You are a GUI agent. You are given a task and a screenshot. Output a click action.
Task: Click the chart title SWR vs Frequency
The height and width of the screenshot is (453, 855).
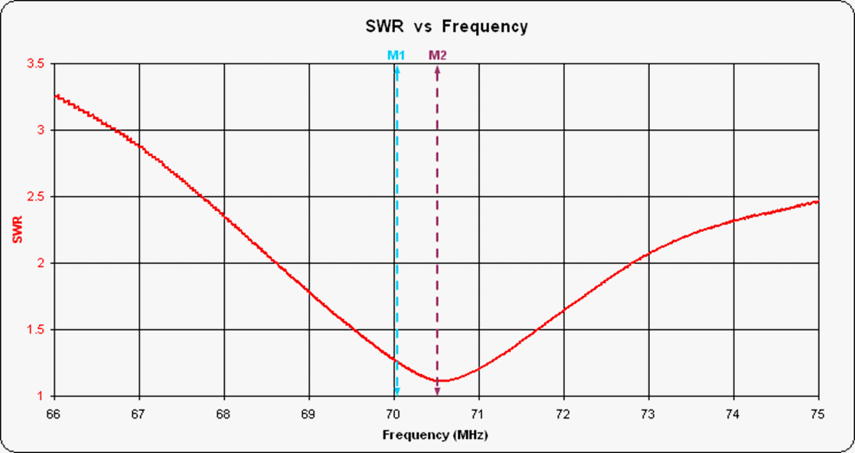(x=445, y=27)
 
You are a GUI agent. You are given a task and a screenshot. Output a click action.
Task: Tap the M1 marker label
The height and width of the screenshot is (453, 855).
(x=396, y=55)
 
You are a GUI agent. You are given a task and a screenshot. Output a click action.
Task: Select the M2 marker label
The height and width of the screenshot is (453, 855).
(x=437, y=55)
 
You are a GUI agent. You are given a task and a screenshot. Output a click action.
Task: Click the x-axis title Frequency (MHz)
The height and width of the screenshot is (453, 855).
(x=436, y=435)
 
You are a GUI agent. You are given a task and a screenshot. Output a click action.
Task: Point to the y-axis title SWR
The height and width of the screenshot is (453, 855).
(x=18, y=230)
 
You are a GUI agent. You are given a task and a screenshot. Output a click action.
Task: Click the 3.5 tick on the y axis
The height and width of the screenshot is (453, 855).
(x=35, y=64)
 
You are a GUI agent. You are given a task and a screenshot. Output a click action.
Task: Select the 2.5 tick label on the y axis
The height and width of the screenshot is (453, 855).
(x=35, y=197)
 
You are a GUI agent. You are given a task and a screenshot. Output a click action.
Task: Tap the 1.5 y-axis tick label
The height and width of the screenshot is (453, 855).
(x=35, y=330)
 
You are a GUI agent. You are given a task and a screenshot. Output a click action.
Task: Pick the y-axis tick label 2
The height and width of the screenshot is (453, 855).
(x=41, y=263)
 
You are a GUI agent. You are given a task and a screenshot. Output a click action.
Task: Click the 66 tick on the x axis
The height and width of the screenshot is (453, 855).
(x=54, y=414)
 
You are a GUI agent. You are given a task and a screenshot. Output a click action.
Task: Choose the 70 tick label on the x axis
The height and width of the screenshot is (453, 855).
(x=393, y=414)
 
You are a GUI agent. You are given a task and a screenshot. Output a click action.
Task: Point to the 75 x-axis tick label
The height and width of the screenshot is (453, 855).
(x=818, y=414)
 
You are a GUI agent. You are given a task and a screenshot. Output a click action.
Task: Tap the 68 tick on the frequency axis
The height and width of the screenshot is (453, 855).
(x=224, y=414)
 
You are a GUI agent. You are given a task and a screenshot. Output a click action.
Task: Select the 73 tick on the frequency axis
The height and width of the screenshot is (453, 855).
(x=648, y=414)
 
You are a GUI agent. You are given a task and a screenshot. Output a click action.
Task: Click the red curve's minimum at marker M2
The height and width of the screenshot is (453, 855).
(x=438, y=380)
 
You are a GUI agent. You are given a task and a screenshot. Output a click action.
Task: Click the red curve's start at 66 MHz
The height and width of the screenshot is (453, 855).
(x=54, y=95)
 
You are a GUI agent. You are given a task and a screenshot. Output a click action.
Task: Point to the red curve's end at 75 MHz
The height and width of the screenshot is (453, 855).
(x=817, y=201)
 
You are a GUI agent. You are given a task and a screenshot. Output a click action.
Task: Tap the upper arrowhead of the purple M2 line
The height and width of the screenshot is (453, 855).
(x=438, y=70)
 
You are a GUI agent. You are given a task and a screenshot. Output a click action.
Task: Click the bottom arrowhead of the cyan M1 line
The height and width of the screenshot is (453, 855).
(x=396, y=392)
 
